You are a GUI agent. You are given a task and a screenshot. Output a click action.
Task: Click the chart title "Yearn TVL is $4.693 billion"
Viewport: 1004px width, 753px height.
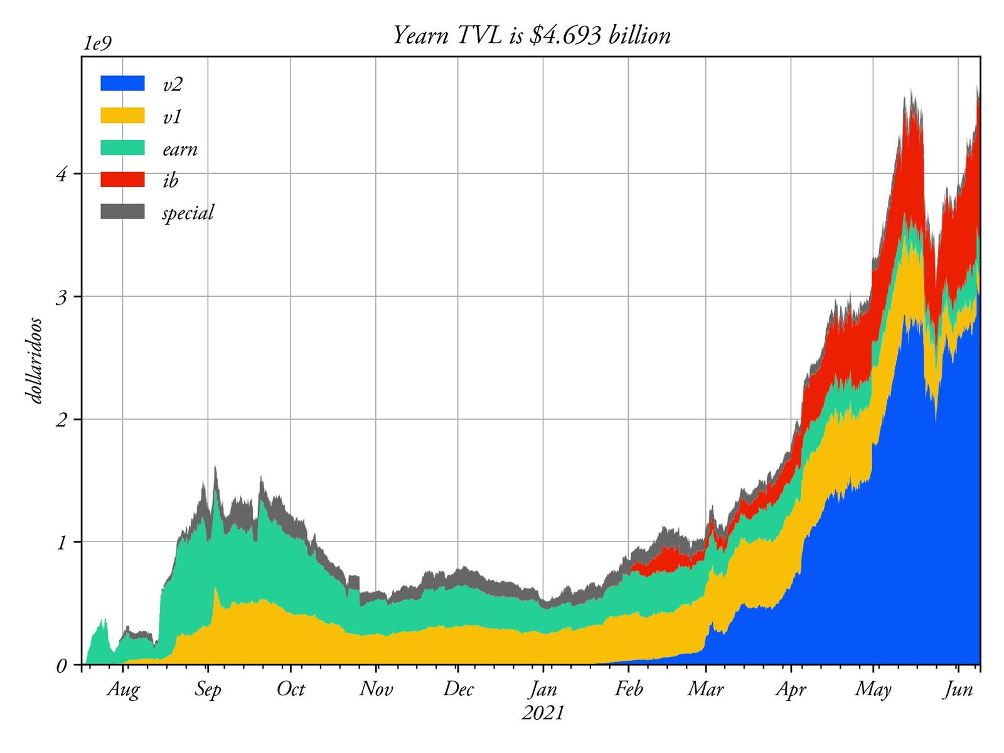click(531, 35)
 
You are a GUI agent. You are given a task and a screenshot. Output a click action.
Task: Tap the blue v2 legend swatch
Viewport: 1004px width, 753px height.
click(122, 83)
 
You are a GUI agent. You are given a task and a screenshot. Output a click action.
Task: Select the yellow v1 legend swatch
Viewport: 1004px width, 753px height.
click(122, 115)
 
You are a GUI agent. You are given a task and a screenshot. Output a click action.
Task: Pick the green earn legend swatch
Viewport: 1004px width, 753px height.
click(122, 147)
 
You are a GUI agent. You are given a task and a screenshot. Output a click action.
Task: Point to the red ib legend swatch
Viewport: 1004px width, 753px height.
click(122, 179)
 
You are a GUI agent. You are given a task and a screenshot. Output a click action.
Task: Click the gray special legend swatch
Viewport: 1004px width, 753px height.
click(122, 211)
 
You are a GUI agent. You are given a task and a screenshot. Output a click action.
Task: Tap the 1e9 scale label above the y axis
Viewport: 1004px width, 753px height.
click(97, 44)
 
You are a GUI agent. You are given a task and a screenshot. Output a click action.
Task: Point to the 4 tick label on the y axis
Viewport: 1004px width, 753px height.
click(61, 174)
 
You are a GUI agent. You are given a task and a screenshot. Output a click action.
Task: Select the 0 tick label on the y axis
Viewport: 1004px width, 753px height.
click(61, 665)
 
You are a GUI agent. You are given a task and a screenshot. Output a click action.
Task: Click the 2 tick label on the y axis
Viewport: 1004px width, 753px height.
click(61, 420)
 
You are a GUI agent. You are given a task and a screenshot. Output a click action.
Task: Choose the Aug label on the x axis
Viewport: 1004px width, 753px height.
click(123, 689)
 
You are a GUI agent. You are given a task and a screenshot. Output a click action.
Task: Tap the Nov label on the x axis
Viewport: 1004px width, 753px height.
click(376, 689)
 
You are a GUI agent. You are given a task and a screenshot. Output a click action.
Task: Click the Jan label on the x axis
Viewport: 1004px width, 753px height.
click(543, 690)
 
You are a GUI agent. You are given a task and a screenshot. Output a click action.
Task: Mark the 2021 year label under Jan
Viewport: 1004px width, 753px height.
click(543, 712)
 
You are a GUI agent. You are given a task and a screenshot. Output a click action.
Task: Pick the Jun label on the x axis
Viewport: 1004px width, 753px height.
click(958, 690)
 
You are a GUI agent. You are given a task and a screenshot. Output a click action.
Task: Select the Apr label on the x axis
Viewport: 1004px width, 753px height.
click(791, 690)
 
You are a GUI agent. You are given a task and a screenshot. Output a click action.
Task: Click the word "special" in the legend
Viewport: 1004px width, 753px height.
click(188, 213)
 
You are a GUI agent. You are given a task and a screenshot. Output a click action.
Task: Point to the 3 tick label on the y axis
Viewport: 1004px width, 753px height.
click(61, 297)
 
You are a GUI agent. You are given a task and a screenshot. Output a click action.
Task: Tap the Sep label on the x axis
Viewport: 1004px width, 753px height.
click(208, 690)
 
